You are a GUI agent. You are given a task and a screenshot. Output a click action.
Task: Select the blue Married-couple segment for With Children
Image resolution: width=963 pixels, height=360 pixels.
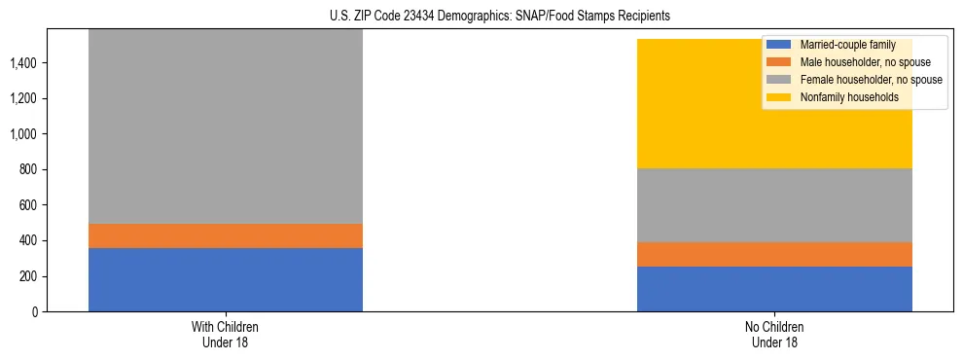pyautogui.click(x=226, y=280)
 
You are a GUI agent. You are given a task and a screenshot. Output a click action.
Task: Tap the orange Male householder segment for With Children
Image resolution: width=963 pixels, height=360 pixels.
pyautogui.click(x=226, y=236)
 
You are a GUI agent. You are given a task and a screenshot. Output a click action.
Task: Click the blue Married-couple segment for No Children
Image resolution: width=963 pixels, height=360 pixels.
pyautogui.click(x=774, y=289)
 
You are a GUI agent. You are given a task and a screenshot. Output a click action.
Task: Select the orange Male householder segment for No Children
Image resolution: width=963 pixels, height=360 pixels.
pyautogui.click(x=774, y=255)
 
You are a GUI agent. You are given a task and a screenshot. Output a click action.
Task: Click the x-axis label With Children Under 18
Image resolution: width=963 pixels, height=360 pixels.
pyautogui.click(x=226, y=334)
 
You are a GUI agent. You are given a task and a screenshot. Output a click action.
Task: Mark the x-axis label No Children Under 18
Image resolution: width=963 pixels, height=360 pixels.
pyautogui.click(x=774, y=334)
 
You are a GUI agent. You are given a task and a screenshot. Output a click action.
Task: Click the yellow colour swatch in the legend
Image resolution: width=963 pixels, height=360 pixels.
pyautogui.click(x=779, y=97)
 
